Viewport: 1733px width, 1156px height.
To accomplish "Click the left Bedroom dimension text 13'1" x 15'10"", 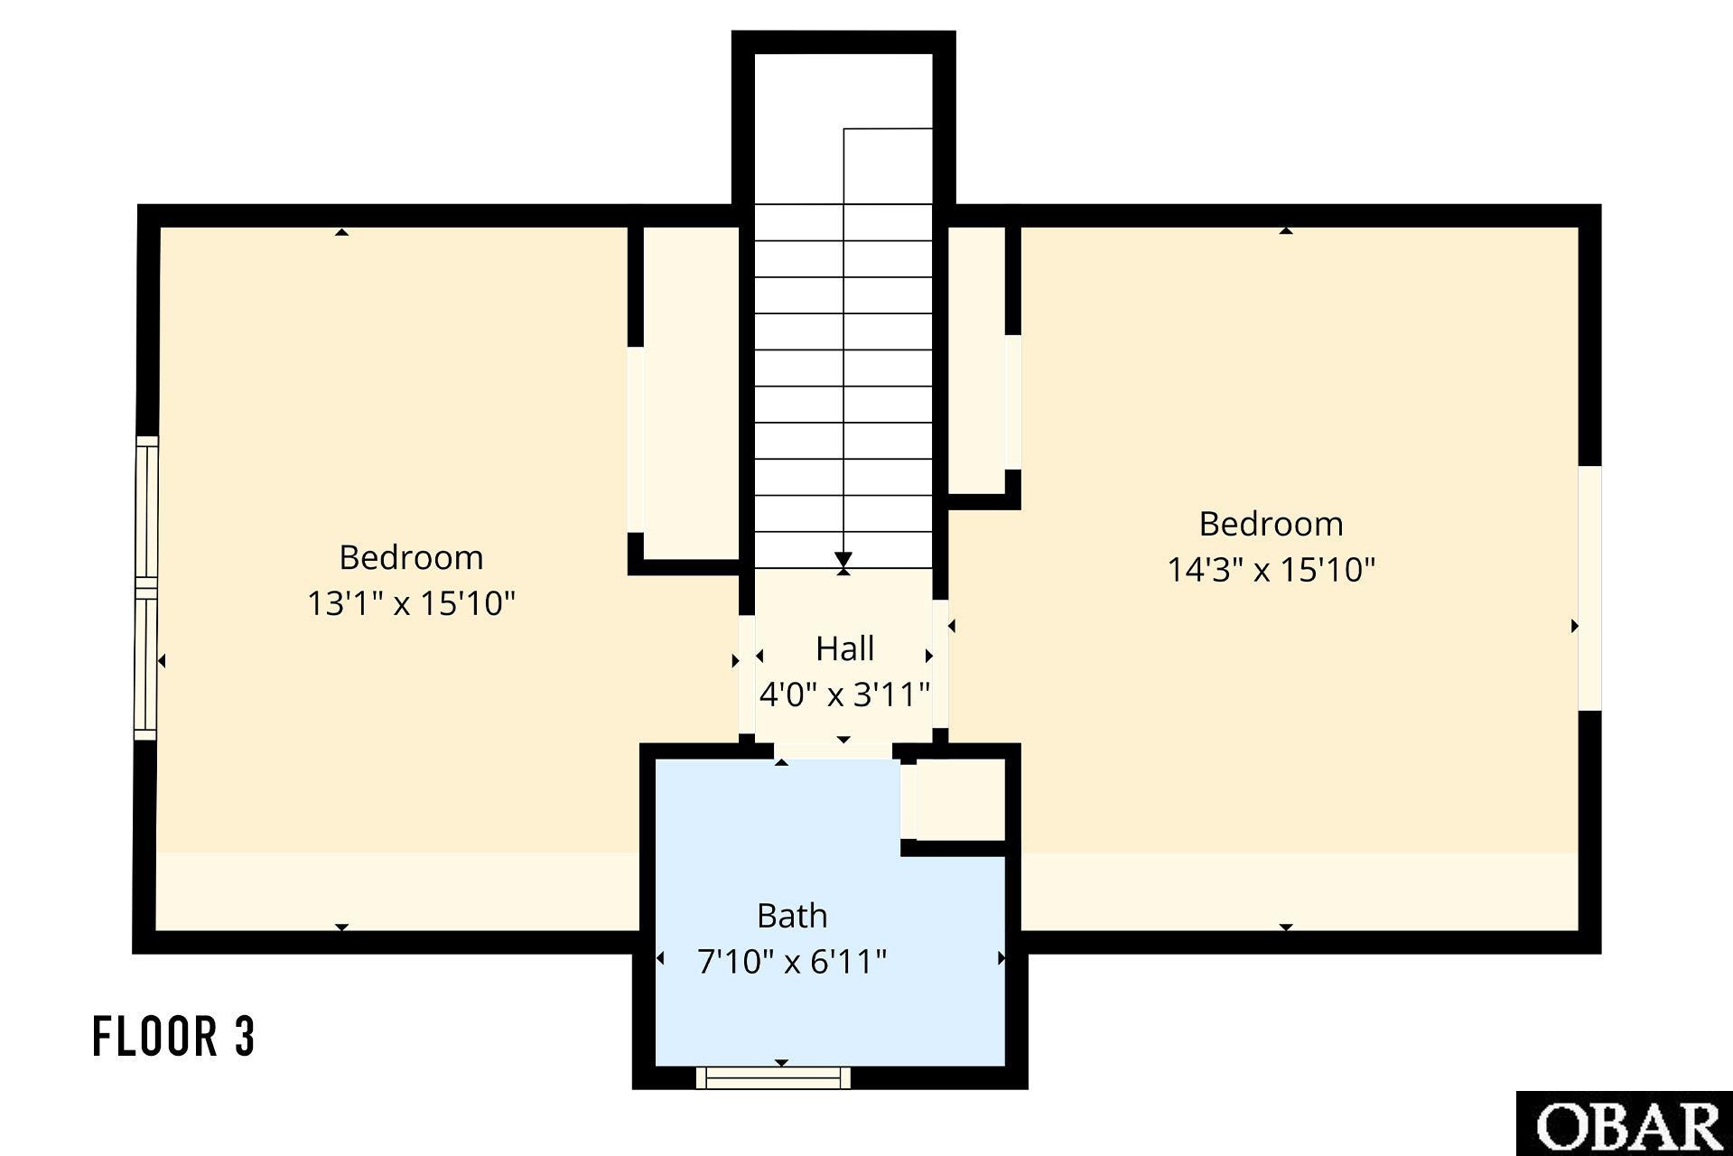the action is click(x=411, y=602).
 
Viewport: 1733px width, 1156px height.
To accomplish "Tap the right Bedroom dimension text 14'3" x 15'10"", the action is click(x=1271, y=569).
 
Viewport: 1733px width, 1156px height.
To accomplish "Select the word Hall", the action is click(x=844, y=648).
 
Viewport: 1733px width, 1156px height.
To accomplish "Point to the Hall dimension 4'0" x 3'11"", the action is click(x=844, y=694).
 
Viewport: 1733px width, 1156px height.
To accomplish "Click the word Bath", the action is click(x=792, y=916).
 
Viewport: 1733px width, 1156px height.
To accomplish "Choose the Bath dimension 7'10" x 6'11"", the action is click(x=792, y=961).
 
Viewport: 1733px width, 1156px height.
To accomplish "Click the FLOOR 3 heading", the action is click(x=174, y=1036).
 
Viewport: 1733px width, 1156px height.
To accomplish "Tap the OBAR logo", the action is click(x=1625, y=1124).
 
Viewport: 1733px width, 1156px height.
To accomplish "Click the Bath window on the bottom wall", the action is click(x=774, y=1077).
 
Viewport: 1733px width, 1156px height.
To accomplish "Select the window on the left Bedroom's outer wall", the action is click(x=146, y=588).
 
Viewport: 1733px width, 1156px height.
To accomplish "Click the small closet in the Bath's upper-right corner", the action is click(x=960, y=800).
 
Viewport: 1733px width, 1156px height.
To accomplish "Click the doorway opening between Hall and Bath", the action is click(x=834, y=751).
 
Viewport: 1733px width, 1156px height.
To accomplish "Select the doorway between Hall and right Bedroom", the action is click(x=940, y=664).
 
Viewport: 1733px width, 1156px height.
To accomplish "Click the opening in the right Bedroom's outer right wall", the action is click(x=1589, y=588).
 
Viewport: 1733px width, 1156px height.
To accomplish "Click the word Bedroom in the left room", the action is click(x=411, y=557).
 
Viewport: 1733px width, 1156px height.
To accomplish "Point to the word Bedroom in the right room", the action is click(x=1271, y=524).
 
